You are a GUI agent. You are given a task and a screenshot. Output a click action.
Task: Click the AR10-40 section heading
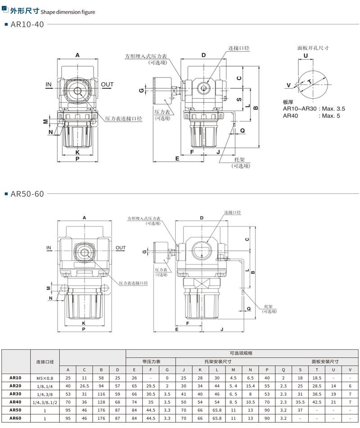click(27, 24)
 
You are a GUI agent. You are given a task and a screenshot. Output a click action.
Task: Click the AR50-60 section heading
click(27, 194)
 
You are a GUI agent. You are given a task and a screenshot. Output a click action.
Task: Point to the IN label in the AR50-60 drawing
click(49, 248)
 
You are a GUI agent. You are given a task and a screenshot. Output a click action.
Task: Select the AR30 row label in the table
click(15, 394)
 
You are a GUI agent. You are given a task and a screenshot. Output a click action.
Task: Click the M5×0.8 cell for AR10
click(45, 378)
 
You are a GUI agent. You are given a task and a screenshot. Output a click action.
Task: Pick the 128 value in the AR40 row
click(101, 402)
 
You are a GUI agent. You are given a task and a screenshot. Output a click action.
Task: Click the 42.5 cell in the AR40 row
click(317, 402)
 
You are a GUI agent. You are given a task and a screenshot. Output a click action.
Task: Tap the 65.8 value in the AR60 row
click(217, 418)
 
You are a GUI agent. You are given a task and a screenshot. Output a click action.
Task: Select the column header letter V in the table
click(350, 370)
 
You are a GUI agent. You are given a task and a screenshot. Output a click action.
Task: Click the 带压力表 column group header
click(151, 362)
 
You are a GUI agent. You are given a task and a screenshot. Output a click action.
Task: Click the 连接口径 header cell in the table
click(45, 362)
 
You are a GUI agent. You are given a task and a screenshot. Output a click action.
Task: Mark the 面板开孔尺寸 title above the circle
click(313, 48)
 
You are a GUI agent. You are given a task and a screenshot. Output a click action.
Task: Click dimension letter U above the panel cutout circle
click(306, 56)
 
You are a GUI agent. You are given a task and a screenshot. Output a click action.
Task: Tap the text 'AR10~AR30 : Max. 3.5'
click(314, 109)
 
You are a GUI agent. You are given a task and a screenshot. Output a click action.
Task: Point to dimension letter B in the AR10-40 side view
click(256, 108)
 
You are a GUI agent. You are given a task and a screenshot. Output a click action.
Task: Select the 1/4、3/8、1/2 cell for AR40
click(45, 402)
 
